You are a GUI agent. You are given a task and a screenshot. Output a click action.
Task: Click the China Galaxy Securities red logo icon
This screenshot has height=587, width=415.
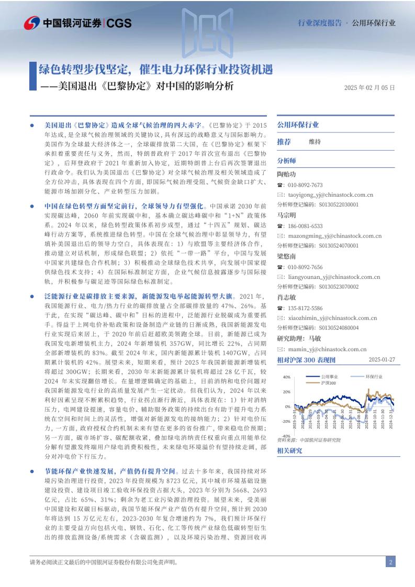[x=32, y=22]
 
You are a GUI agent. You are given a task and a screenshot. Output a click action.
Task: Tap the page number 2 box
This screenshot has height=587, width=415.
[x=390, y=562]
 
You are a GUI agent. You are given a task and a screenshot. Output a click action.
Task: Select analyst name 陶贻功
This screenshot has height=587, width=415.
[x=286, y=174]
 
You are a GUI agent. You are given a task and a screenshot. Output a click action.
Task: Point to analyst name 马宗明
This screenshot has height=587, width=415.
[x=286, y=215]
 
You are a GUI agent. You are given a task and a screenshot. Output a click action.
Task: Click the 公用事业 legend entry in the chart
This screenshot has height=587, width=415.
[x=330, y=376]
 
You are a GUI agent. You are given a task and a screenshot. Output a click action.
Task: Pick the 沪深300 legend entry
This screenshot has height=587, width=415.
[x=330, y=383]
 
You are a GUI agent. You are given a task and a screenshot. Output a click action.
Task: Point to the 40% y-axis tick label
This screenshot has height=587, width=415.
[x=287, y=377]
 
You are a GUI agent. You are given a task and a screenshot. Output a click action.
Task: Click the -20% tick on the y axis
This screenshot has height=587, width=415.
[x=286, y=421]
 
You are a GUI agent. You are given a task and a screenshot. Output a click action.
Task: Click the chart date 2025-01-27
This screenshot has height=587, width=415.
[x=382, y=360]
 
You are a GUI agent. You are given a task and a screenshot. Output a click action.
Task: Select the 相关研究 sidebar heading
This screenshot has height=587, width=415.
[x=289, y=450]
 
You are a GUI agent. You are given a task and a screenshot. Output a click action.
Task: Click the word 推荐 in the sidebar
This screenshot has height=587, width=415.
[x=284, y=142]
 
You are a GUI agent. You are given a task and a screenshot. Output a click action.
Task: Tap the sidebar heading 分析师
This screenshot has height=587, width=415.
[x=286, y=161]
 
